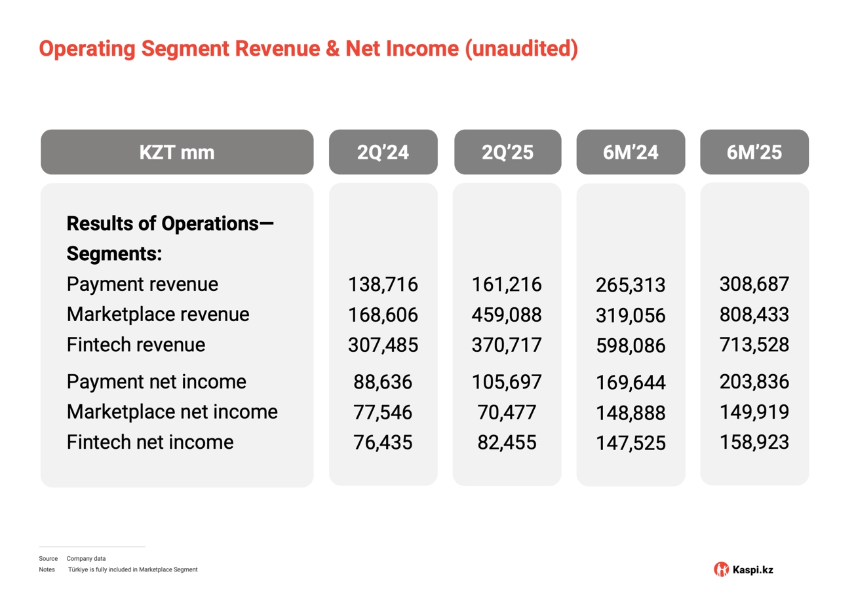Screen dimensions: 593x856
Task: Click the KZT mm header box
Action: point(177,152)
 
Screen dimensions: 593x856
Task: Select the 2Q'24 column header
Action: point(383,152)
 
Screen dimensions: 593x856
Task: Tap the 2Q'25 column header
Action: point(507,152)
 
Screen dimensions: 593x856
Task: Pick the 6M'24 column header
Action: point(631,152)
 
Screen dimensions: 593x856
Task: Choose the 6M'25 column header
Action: point(754,152)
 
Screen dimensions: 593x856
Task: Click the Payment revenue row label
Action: point(142,284)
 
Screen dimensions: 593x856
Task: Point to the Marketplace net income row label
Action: point(172,411)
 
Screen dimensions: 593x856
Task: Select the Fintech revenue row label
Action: point(136,345)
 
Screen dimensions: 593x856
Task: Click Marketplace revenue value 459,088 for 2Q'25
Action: point(507,315)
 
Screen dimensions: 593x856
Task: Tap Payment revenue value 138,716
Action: point(383,284)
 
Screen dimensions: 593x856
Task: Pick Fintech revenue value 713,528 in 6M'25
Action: point(754,345)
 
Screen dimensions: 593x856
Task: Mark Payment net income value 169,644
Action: point(631,383)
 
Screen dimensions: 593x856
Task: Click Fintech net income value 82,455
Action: point(507,442)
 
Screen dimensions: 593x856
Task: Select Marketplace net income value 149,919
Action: point(754,412)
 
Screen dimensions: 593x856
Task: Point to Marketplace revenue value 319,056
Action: point(631,316)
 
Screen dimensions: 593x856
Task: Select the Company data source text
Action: point(86,558)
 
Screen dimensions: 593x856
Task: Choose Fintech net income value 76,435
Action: point(383,442)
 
